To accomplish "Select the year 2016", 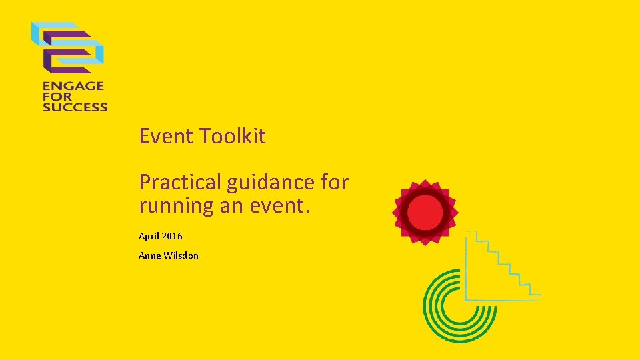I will pos(171,237).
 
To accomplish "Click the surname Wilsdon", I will pos(181,255).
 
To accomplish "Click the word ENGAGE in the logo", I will pos(73,86).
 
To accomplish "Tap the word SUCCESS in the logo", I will pos(75,106).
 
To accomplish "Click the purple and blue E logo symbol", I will pos(69,47).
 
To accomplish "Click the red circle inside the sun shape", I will pos(425,213).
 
